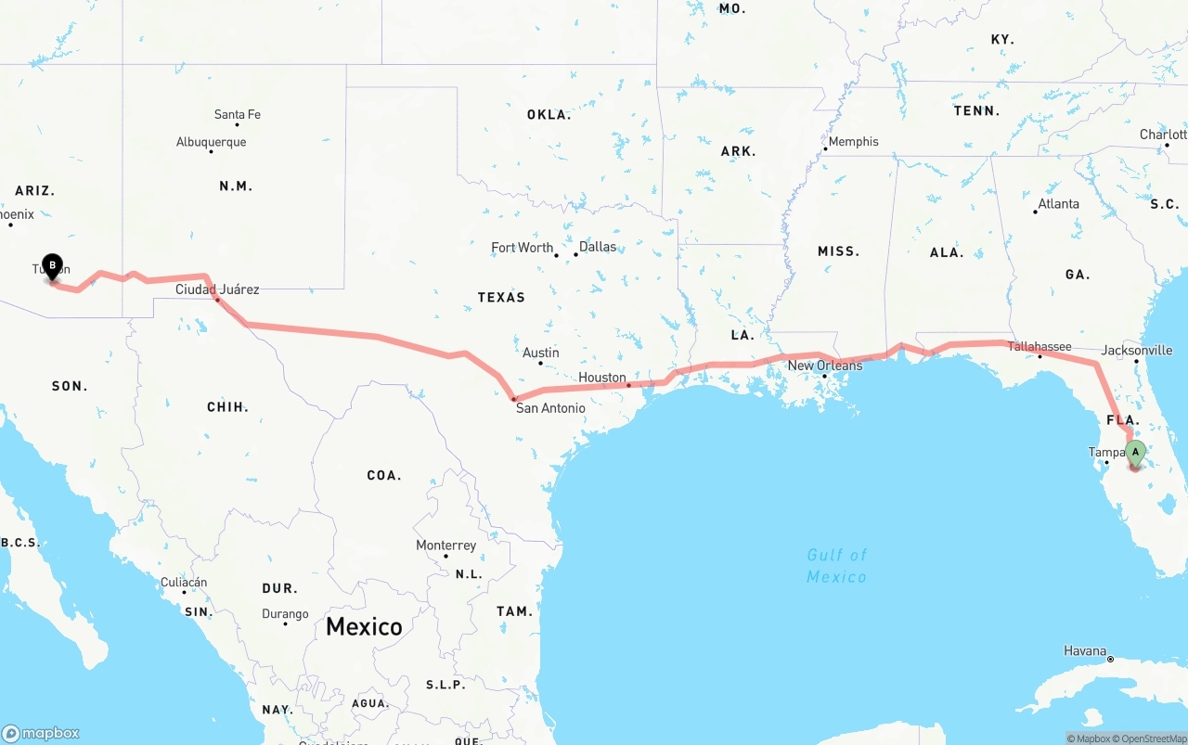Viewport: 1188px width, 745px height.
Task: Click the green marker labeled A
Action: [x=1135, y=454]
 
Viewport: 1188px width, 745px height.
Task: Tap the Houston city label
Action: [x=602, y=378]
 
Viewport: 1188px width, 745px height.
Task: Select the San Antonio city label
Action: [x=550, y=408]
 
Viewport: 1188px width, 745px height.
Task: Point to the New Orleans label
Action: [x=824, y=366]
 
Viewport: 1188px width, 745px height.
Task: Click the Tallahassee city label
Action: [x=1039, y=347]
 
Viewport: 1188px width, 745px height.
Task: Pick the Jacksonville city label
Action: [x=1137, y=351]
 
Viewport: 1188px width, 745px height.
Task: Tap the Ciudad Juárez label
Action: [x=217, y=289]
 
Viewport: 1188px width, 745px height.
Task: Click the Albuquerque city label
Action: [x=212, y=142]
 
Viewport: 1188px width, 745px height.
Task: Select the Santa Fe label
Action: [x=238, y=115]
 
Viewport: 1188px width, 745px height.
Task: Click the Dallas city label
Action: [x=597, y=247]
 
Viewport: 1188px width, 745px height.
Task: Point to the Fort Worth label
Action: [x=523, y=248]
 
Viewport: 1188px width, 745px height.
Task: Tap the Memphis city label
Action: [x=853, y=142]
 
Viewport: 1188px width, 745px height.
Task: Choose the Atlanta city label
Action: [x=1058, y=204]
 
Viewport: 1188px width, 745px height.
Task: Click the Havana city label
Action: [x=1085, y=651]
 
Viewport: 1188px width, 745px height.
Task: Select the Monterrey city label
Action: [x=445, y=546]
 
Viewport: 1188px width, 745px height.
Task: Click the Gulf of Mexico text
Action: [x=836, y=566]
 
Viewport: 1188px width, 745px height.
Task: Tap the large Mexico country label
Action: [x=364, y=626]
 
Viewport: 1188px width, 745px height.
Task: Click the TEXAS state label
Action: [x=501, y=298]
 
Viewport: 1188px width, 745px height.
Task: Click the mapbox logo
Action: [x=41, y=733]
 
